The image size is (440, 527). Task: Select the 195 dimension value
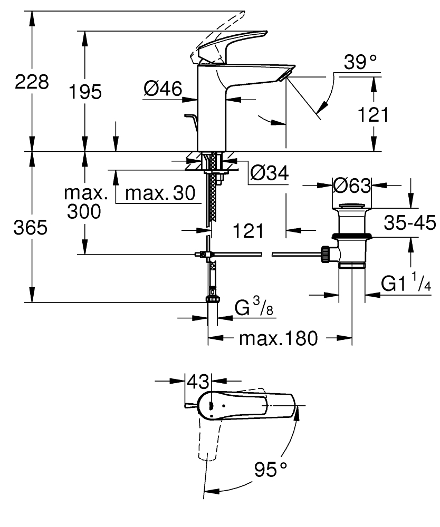coord(85,92)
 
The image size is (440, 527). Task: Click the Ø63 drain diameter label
coord(352,185)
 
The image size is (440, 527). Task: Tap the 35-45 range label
coord(409,223)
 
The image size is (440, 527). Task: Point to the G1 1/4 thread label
coord(406,285)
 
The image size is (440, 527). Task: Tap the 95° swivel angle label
coord(270,469)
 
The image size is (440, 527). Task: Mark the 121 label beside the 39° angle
coord(372,114)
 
